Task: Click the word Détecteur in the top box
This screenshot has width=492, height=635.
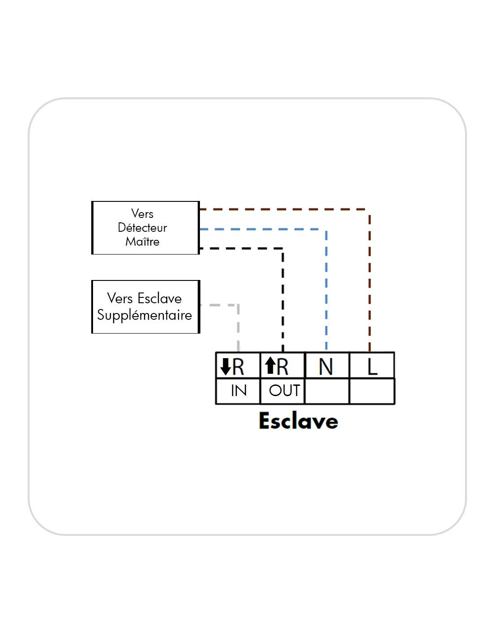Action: pyautogui.click(x=142, y=228)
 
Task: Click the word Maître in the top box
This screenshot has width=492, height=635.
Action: pyautogui.click(x=142, y=242)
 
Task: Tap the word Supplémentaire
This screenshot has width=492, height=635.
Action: pyautogui.click(x=144, y=315)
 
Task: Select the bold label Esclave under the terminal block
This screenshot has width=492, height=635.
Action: pyautogui.click(x=298, y=421)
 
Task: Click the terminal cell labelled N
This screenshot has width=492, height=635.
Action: pyautogui.click(x=327, y=366)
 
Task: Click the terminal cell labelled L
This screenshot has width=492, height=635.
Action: pyautogui.click(x=372, y=366)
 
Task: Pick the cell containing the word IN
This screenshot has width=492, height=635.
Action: pyautogui.click(x=238, y=391)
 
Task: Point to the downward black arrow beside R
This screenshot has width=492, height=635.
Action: pyautogui.click(x=226, y=367)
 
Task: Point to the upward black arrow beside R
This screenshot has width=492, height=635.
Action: pyautogui.click(x=270, y=365)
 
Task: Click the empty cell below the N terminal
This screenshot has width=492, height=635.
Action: pyautogui.click(x=327, y=391)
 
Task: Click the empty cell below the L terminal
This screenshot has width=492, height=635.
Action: pyautogui.click(x=372, y=391)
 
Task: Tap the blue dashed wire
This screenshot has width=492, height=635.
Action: pyautogui.click(x=327, y=290)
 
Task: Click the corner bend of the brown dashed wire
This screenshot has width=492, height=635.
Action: pyautogui.click(x=369, y=209)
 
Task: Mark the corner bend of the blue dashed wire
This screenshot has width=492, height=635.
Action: pyautogui.click(x=326, y=230)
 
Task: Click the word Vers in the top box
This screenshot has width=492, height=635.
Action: pyautogui.click(x=142, y=213)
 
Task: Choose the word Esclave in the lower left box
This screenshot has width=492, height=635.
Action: pyautogui.click(x=160, y=298)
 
